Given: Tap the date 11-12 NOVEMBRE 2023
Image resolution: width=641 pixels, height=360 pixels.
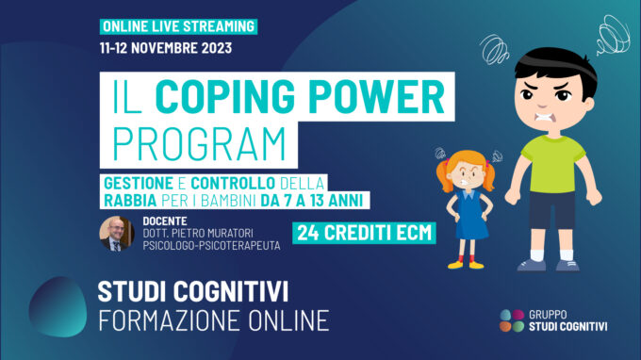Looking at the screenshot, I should click(x=164, y=47).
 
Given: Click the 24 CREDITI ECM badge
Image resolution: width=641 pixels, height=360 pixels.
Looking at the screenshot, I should click(x=365, y=232).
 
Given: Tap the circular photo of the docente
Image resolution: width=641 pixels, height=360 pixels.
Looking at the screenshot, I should click(x=117, y=234).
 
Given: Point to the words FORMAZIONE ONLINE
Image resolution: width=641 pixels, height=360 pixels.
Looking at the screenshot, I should click(x=213, y=320).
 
